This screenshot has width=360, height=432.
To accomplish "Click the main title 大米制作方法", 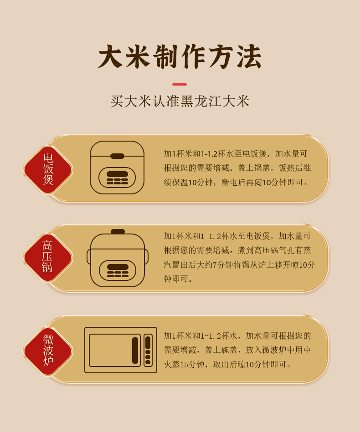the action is click(x=180, y=56).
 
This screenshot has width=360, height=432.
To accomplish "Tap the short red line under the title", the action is click(x=180, y=84).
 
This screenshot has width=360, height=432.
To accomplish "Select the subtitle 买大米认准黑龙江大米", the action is click(x=180, y=101).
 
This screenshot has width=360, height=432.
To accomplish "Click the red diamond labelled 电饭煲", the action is click(x=48, y=169).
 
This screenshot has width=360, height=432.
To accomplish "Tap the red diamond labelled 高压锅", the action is click(x=48, y=257).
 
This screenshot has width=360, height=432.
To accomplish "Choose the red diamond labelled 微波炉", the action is click(x=48, y=351).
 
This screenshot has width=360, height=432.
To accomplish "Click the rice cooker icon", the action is click(x=117, y=168).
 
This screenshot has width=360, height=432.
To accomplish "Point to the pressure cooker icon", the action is click(x=118, y=258).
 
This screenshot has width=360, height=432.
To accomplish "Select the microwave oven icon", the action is click(x=121, y=350).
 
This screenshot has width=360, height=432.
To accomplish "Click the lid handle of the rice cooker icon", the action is click(x=117, y=156).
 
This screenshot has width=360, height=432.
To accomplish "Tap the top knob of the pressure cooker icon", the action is click(x=118, y=232).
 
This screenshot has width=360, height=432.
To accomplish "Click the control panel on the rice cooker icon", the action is click(x=117, y=178).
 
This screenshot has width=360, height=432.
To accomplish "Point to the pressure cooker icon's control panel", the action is click(x=118, y=270).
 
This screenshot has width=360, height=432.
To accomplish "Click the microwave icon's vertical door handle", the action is click(x=135, y=350).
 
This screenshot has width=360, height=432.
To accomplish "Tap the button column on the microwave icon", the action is click(x=148, y=350).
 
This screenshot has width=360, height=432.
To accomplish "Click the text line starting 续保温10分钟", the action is click(x=237, y=183).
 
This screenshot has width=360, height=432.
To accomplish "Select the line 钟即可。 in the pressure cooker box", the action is click(x=178, y=279).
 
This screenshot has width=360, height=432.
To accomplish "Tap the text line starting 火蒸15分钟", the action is click(x=228, y=365).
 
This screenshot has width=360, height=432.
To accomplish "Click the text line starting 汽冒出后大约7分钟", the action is click(x=239, y=265).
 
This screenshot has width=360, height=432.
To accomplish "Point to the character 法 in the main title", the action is click(x=249, y=56).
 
